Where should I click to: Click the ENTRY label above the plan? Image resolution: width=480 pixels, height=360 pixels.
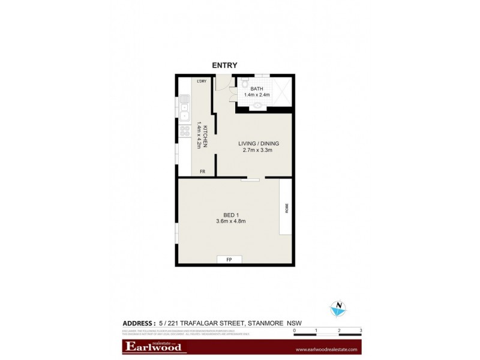click(225, 65)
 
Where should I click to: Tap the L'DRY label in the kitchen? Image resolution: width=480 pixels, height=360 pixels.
click(202, 81)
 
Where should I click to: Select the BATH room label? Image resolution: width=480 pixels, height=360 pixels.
click(257, 89)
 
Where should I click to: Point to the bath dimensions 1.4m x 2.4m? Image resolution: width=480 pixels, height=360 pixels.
click(257, 95)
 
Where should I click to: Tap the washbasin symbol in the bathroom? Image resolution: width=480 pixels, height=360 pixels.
click(258, 105)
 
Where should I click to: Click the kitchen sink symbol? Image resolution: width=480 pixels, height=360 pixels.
click(184, 111)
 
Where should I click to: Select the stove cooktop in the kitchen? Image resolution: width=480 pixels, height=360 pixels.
click(184, 133)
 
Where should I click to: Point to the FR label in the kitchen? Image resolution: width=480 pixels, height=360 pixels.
click(203, 172)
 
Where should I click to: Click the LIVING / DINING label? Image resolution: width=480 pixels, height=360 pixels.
click(259, 143)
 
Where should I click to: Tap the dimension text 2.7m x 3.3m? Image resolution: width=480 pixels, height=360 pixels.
click(259, 150)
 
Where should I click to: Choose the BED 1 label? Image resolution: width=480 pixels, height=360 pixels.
click(231, 215)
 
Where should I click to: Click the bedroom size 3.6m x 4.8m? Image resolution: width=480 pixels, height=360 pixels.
click(231, 222)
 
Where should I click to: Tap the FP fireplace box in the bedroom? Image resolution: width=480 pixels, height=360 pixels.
click(229, 260)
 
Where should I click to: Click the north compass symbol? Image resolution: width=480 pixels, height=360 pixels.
click(338, 308)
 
